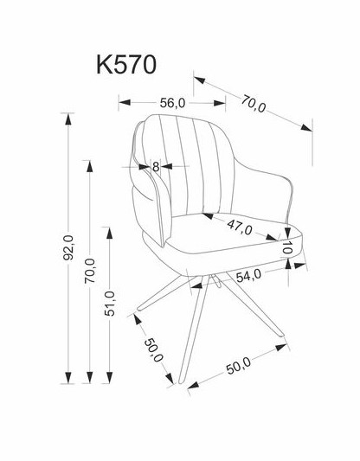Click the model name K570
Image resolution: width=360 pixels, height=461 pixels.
coord(126,65)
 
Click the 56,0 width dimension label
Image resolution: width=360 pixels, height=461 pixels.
coord(172,103)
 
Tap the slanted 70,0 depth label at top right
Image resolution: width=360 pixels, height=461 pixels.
coord(254,104)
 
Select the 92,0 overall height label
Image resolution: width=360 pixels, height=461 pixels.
coord(69,248)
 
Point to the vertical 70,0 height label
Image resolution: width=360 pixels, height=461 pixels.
coord(90,271)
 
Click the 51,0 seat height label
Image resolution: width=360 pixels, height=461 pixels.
coord(110,304)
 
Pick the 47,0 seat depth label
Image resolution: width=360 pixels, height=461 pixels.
coord(240,227)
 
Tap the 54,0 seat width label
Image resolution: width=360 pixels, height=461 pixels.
coord(249,276)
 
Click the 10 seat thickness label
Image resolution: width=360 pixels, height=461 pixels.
coord(287,247)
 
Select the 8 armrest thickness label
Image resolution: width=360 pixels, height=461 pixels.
coord(156,167)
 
